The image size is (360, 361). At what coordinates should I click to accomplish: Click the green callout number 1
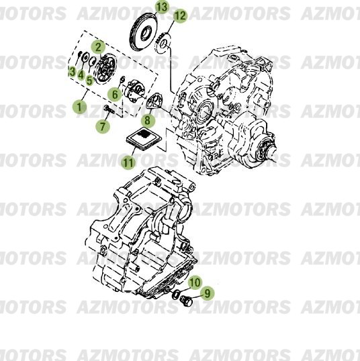(x=81, y=106)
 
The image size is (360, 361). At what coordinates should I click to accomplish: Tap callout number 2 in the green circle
(x=98, y=47)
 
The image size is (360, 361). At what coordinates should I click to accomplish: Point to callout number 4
(x=80, y=75)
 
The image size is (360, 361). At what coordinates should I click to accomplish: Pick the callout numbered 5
(x=89, y=79)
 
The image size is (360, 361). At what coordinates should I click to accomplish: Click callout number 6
(x=116, y=95)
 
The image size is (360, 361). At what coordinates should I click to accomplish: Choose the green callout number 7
(x=103, y=125)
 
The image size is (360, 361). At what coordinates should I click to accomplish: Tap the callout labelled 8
(x=148, y=120)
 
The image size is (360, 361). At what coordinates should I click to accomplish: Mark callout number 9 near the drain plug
(x=206, y=293)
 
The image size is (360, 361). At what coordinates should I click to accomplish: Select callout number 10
(x=194, y=282)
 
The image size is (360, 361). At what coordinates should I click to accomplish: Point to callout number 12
(x=180, y=15)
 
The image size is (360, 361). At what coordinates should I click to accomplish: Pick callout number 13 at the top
(x=162, y=7)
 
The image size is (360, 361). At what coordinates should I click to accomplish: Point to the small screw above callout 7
(x=107, y=109)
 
